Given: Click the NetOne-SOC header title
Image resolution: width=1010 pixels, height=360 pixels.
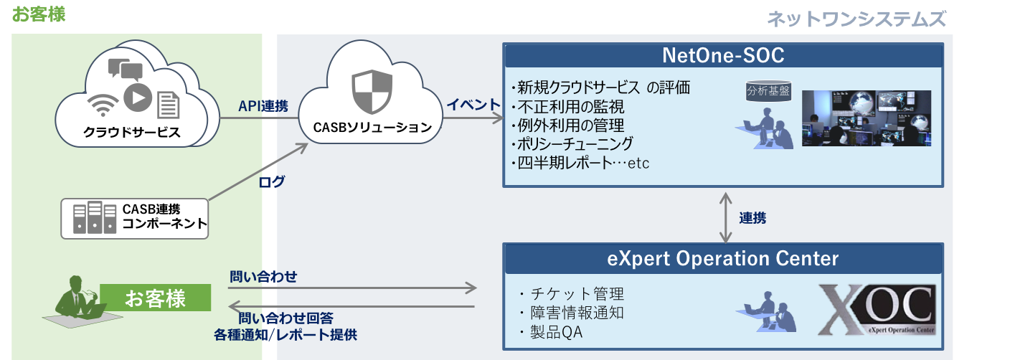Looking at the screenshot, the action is tap(723, 55).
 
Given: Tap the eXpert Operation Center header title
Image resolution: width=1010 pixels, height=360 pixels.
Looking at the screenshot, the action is tap(723, 259).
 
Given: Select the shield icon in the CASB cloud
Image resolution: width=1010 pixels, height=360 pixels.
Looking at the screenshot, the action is tap(372, 92).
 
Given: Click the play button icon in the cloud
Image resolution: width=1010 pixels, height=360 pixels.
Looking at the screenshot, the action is tap(138, 98).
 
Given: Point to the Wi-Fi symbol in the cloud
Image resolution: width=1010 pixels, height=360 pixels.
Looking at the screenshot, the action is tap(103, 105).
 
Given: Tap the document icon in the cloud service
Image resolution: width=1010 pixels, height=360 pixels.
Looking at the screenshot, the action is tap(168, 105).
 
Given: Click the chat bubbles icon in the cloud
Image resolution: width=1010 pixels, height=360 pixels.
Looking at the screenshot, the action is tap(126, 70).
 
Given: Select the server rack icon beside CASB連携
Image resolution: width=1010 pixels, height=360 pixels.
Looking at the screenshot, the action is tap(95, 217).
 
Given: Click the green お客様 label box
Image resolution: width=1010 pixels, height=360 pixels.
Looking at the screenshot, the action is tap(155, 298).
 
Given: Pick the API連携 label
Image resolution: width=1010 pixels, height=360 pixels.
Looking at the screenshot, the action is tap(263, 106).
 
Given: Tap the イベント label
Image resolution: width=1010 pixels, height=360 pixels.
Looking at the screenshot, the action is tap(473, 105).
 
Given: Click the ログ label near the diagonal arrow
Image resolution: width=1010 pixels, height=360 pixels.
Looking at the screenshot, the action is tap(271, 181).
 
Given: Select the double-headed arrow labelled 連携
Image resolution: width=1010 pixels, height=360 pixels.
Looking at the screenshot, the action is tap(725, 217).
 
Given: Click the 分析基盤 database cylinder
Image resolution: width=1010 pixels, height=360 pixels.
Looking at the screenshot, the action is tap(768, 91).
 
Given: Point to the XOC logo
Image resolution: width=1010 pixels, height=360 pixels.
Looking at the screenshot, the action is tap(877, 310).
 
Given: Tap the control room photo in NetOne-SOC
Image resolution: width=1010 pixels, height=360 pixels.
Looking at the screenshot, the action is tap(866, 118).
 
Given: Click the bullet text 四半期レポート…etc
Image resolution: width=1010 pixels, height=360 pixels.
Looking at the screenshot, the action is tap(580, 163).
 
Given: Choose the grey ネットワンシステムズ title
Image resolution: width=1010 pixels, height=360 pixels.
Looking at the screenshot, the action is tap(856, 19).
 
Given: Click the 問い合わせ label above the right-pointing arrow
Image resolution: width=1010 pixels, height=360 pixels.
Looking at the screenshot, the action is tap(263, 276).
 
